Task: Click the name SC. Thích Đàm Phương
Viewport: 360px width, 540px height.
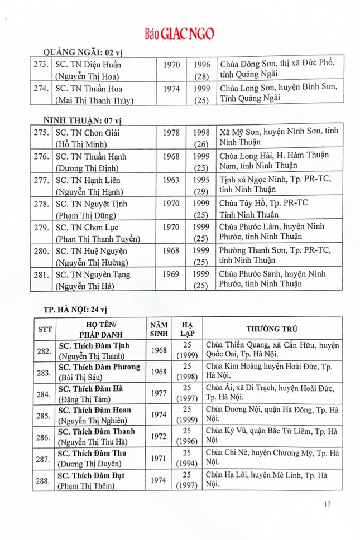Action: coord(99,367)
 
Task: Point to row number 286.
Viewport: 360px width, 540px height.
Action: coord(44,437)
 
